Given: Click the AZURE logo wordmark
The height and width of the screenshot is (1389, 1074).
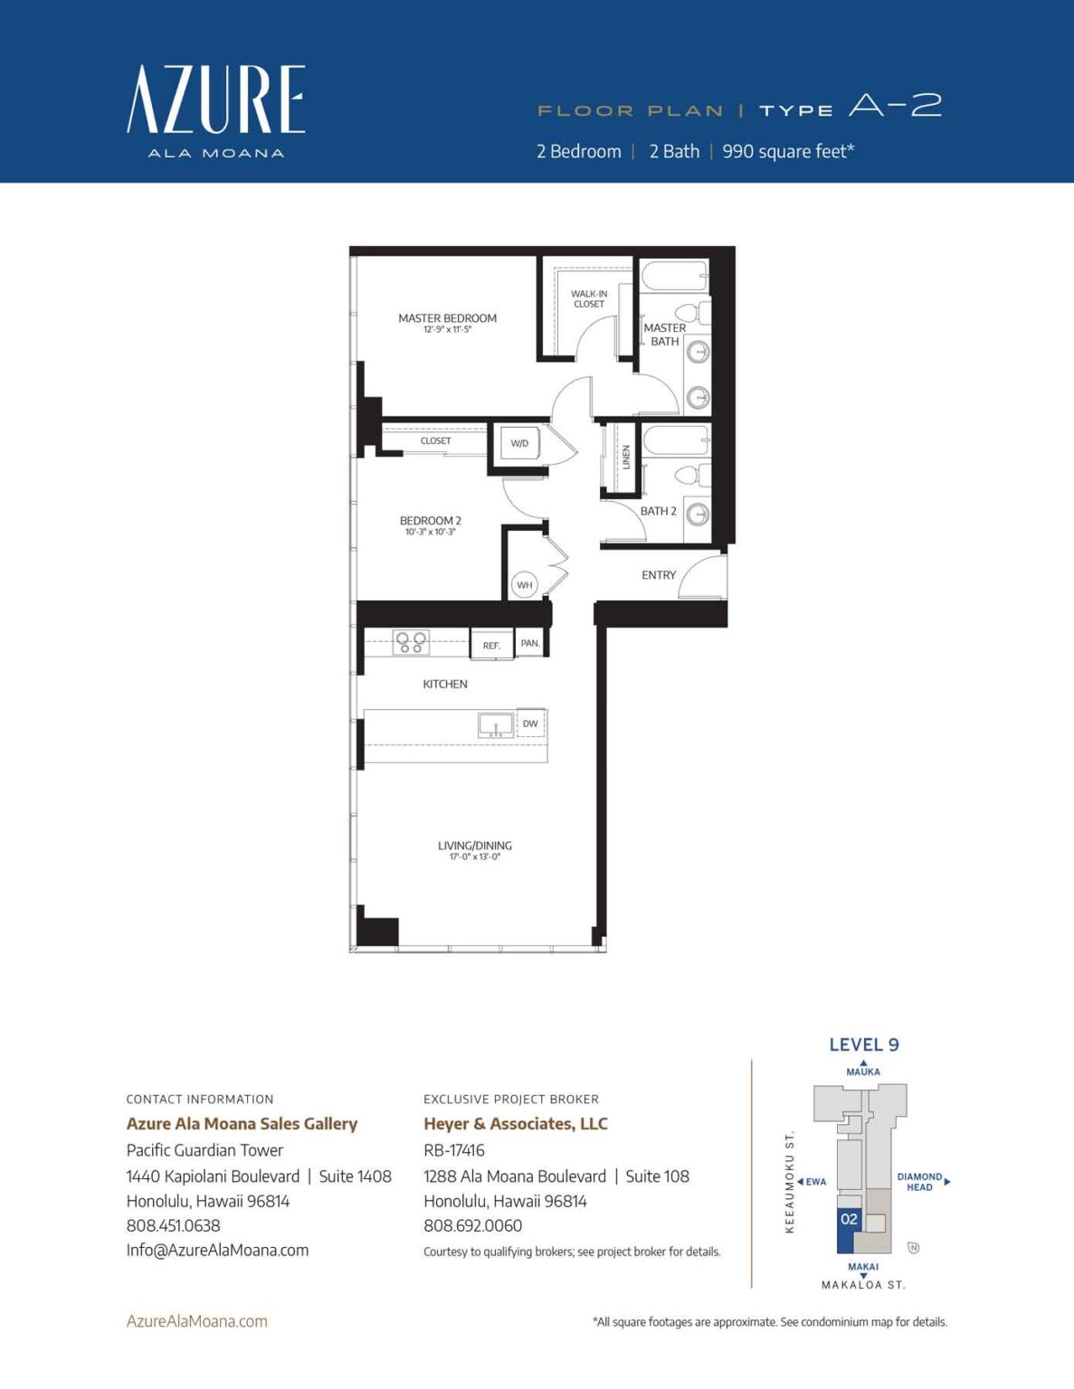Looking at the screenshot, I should click(215, 99).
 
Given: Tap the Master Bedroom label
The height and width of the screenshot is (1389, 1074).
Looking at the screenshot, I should click(447, 318).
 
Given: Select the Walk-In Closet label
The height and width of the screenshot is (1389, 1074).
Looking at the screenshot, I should click(588, 298).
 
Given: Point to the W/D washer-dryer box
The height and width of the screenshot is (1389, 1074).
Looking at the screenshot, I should click(519, 443).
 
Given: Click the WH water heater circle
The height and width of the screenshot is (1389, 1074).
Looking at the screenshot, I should click(525, 585).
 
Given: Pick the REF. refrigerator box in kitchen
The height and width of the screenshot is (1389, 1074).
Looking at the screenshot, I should click(491, 645).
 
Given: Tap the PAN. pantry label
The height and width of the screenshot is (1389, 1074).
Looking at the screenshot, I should click(530, 643).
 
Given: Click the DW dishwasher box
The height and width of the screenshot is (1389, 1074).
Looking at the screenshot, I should click(530, 723).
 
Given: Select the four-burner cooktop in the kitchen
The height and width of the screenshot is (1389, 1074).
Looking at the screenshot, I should click(411, 643).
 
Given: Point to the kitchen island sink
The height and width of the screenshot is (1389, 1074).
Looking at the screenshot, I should click(496, 725).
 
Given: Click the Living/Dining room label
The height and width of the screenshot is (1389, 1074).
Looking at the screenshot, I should click(475, 846).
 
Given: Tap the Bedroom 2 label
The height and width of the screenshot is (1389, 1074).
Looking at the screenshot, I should click(431, 521).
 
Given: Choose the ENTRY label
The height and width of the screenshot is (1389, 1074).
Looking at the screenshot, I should click(659, 575).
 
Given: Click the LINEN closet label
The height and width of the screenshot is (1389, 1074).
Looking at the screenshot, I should click(626, 457).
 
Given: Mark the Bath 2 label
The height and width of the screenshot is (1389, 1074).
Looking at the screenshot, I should click(659, 511).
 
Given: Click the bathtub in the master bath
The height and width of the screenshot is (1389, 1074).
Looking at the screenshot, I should click(674, 276).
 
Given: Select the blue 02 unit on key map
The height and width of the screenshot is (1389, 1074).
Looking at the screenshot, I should click(849, 1220).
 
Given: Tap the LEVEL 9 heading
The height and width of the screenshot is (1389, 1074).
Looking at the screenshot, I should click(864, 1044).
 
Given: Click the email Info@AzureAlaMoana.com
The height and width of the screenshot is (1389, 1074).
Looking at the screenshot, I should click(217, 1250).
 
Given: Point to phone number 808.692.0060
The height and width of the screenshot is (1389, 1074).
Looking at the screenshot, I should click(472, 1225).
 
